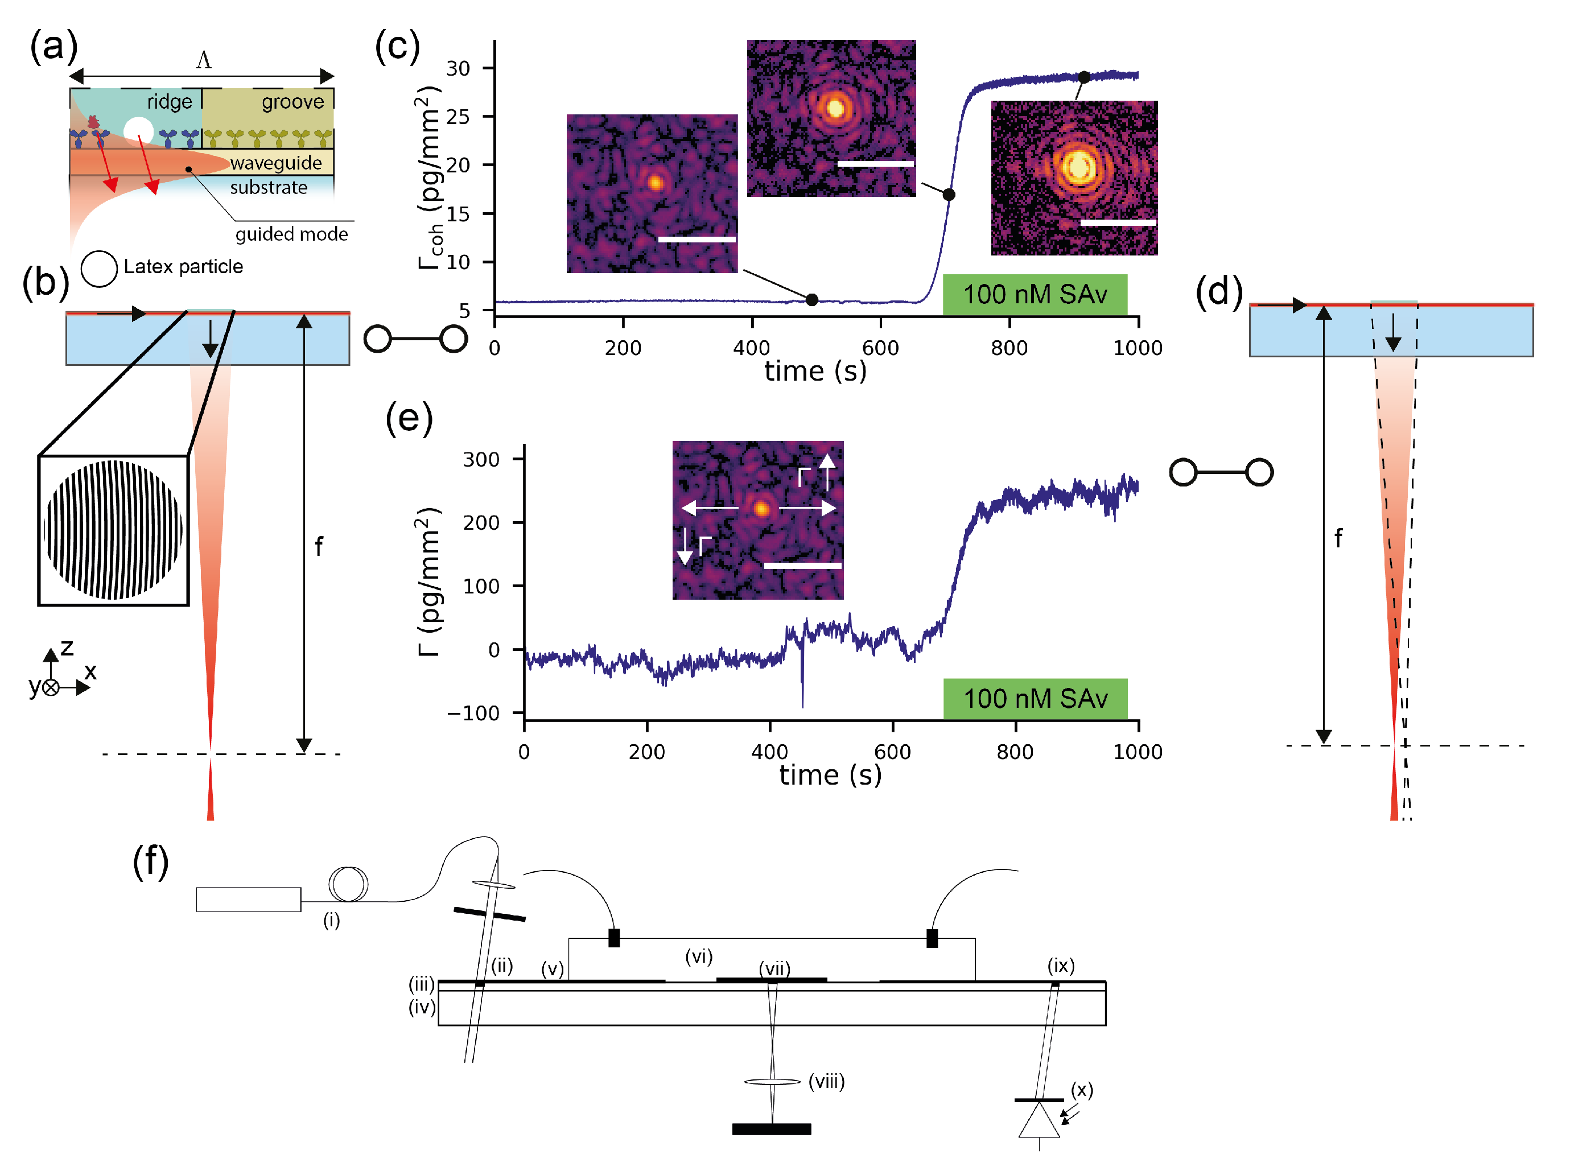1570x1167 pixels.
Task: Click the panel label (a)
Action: (53, 47)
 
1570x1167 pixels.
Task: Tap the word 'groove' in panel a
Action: (292, 102)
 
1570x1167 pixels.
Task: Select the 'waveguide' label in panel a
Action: (275, 163)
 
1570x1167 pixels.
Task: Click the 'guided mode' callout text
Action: (291, 234)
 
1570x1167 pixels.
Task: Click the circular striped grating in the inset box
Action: (113, 530)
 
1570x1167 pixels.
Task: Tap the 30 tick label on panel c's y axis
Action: (458, 68)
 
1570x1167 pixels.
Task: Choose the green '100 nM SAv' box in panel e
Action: (1035, 698)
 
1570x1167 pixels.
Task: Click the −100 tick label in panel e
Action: (473, 713)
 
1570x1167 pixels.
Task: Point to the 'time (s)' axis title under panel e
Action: (830, 775)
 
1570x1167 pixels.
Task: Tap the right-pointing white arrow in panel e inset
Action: (809, 508)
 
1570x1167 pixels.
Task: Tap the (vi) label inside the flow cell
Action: (698, 956)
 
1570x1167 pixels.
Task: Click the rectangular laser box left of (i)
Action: (248, 899)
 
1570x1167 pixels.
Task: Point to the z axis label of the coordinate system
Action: (67, 647)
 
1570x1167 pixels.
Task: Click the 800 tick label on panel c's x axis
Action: (1008, 348)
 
